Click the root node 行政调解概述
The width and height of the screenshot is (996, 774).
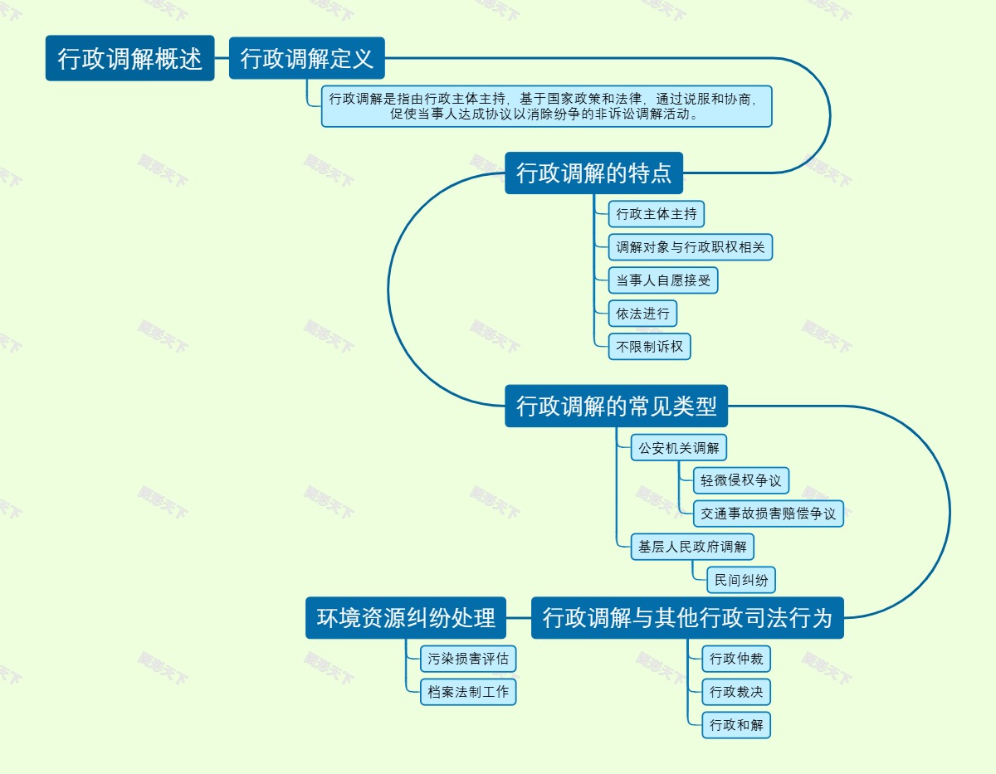[129, 58]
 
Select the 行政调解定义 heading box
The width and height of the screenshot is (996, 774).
[306, 58]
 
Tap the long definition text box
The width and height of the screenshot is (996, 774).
[546, 106]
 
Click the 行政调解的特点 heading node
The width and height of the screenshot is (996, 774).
[593, 173]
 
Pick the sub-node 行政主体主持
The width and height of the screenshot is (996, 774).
[656, 214]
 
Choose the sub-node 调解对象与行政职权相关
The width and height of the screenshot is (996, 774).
[691, 247]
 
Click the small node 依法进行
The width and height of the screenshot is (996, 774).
[642, 314]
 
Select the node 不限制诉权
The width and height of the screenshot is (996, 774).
[649, 347]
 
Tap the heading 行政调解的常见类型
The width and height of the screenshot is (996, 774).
[616, 406]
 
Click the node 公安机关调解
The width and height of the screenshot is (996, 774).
[678, 448]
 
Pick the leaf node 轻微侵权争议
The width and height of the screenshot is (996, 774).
[740, 480]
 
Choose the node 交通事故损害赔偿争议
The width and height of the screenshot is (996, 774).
[768, 514]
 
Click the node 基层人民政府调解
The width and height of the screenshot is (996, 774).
[692, 547]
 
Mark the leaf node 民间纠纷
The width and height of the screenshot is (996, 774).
[740, 580]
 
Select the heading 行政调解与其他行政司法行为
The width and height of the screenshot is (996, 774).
[687, 618]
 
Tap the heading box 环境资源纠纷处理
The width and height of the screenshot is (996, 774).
[406, 618]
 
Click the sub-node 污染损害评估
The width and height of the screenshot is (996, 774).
[468, 659]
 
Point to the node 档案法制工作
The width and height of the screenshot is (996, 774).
[468, 691]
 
